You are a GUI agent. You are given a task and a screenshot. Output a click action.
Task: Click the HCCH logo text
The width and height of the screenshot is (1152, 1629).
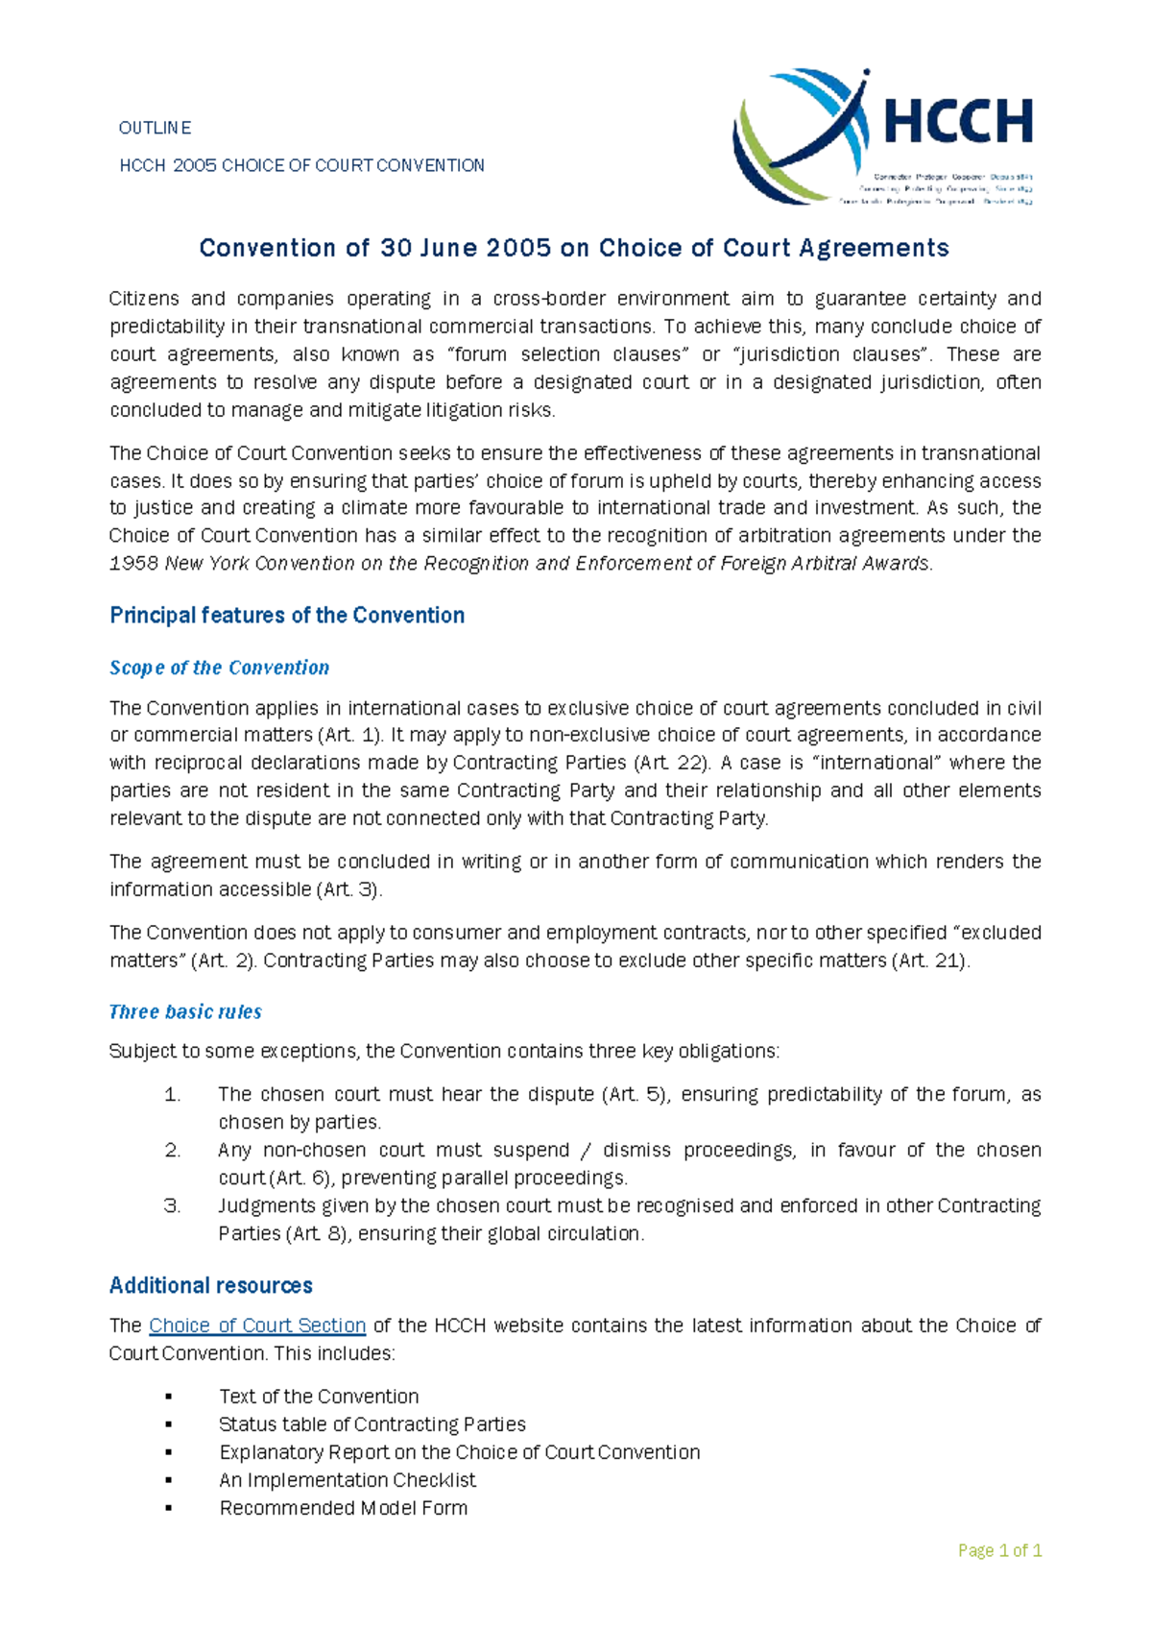pos(956,123)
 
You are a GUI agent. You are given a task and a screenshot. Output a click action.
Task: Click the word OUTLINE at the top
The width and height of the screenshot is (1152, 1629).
pos(155,128)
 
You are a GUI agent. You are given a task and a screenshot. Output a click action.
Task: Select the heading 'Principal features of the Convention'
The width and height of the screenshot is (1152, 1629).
pos(287,616)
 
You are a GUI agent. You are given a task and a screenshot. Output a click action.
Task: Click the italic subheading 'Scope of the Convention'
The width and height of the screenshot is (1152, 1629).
pos(219,668)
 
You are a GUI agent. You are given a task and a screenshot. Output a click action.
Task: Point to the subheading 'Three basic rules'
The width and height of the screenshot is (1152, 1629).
pos(185,1011)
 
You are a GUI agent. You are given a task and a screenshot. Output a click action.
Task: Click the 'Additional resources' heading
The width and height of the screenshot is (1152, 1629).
pos(211,1285)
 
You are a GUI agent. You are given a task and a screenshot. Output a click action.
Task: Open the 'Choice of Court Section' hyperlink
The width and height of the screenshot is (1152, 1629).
pos(257,1325)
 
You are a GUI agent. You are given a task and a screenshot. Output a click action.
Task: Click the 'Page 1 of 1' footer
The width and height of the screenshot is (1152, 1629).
pos(999,1550)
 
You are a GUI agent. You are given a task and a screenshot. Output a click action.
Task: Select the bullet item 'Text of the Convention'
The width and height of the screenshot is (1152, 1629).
pos(319,1397)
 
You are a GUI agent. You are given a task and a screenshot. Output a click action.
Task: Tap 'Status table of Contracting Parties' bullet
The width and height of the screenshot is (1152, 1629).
pos(372,1424)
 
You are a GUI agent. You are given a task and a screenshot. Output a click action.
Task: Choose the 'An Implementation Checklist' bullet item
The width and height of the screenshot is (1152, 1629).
pos(348,1480)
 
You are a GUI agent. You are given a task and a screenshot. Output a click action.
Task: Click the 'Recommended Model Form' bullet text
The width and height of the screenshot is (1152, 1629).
pos(344,1508)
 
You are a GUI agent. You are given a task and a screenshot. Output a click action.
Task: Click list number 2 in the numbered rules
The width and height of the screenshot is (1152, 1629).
pos(173,1150)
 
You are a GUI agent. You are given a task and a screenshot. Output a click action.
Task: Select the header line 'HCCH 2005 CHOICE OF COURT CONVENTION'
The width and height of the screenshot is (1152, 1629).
pos(301,165)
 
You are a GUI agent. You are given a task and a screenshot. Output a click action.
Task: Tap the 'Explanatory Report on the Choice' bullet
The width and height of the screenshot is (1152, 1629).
pos(459,1452)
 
